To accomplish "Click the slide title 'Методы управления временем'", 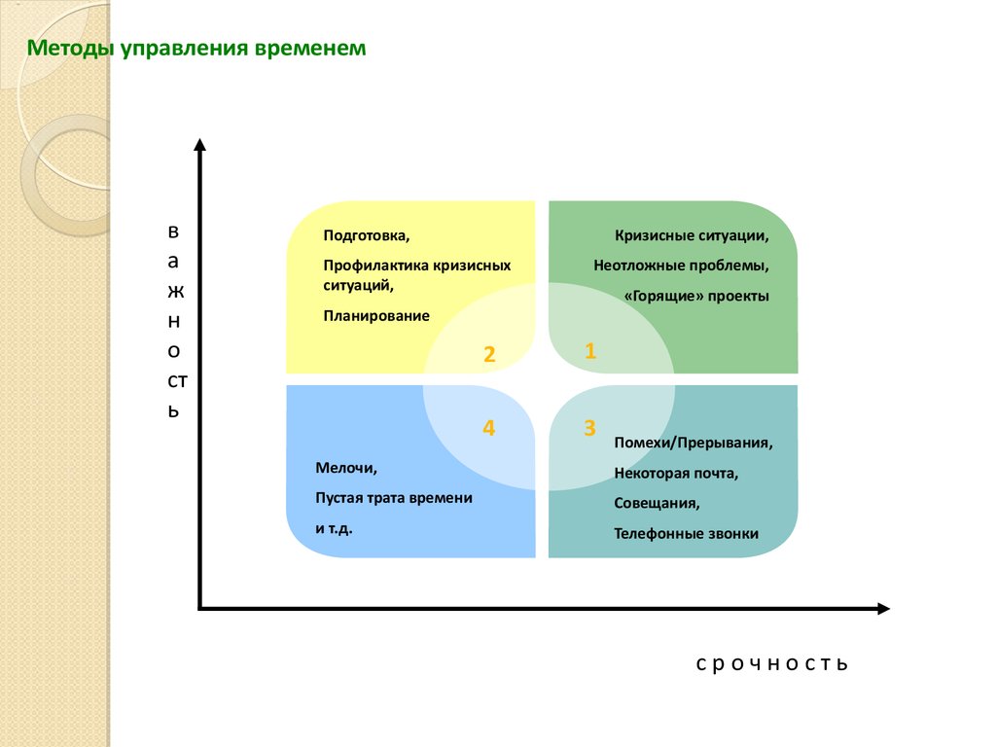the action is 196,49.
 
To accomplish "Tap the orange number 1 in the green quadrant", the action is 590,350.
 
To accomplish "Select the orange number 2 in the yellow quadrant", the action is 489,354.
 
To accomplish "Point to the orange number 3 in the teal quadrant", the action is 589,428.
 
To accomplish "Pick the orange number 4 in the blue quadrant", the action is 488,428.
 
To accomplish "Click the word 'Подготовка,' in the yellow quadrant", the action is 367,235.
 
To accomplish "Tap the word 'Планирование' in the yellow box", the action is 376,316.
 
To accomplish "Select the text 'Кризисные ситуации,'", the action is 692,235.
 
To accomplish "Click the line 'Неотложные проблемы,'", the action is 681,266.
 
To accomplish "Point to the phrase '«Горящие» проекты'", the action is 696,296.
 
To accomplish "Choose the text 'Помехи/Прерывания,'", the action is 693,443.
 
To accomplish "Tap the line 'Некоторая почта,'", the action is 676,474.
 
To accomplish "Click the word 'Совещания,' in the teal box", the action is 657,503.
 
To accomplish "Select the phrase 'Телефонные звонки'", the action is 686,534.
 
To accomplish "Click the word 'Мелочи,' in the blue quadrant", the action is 346,468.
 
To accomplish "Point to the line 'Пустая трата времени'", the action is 394,498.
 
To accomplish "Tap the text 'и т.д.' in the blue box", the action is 335,528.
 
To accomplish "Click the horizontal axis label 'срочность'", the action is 771,663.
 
